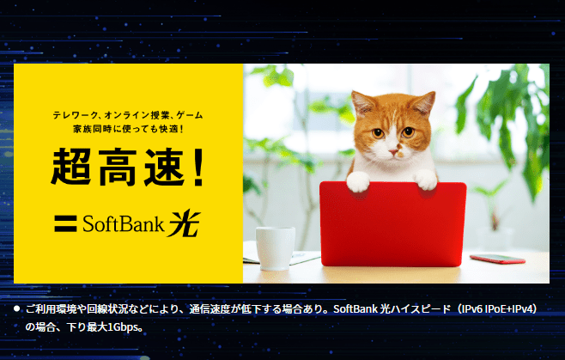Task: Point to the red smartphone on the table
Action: coord(497,258)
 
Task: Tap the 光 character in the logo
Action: coord(183,223)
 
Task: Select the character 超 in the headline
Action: coord(70,168)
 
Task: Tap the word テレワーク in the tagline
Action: coord(75,113)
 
